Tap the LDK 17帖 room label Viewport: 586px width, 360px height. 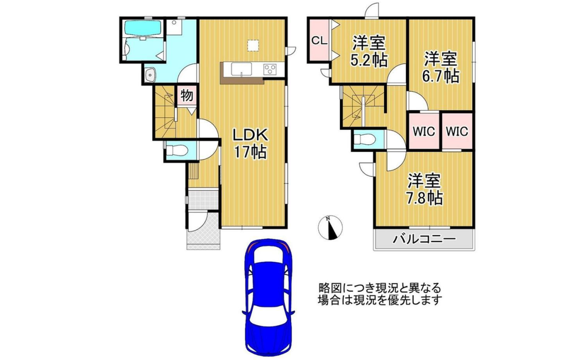[x=250, y=144]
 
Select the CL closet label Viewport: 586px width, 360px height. [x=319, y=40]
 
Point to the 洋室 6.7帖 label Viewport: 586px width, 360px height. [x=440, y=67]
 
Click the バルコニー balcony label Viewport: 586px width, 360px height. [x=424, y=239]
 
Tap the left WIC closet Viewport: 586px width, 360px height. [x=424, y=131]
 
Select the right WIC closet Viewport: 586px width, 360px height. [x=457, y=131]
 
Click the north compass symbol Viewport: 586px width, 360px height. [x=330, y=227]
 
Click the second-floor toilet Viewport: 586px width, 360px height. [x=365, y=139]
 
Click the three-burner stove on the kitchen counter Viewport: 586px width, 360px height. [x=270, y=69]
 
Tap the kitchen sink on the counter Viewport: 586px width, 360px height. [x=241, y=69]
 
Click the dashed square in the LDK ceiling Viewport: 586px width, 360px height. [x=253, y=45]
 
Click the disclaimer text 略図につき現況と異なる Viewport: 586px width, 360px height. [x=380, y=288]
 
